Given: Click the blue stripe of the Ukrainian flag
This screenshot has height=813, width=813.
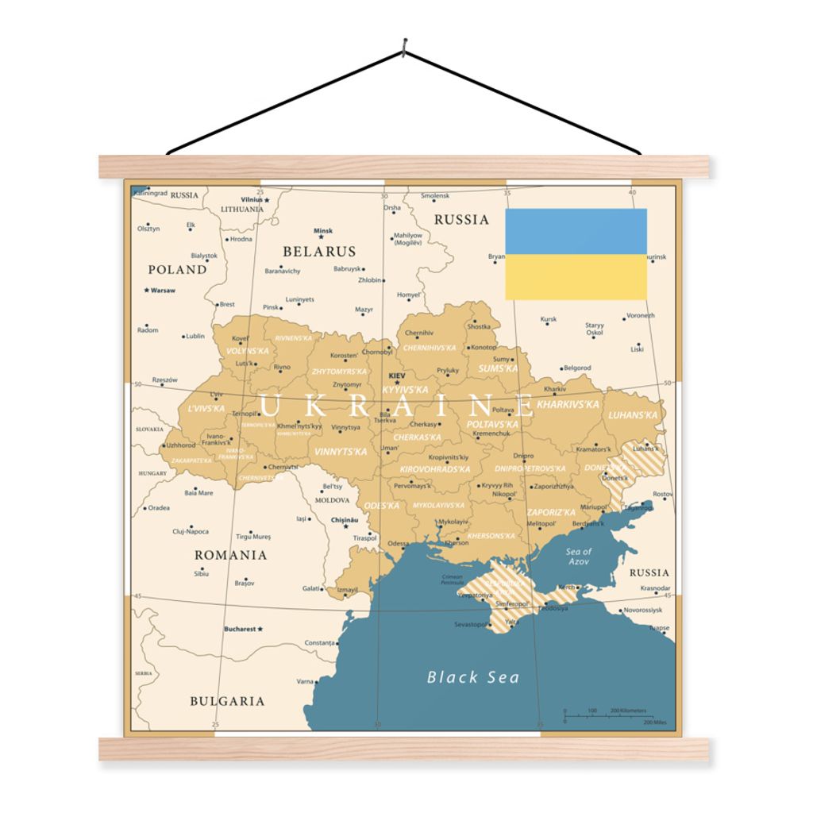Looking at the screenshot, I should tap(576, 231).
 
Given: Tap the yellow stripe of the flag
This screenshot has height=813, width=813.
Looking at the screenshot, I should tap(576, 277).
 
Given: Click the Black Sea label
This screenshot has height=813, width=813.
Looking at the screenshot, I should tap(473, 677).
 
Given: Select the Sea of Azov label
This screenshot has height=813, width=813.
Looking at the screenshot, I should tap(578, 556).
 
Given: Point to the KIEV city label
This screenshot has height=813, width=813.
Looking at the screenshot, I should tap(397, 376).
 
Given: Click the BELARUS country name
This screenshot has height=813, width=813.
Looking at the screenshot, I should tap(319, 252).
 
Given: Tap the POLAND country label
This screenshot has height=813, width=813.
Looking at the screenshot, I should tap(177, 270).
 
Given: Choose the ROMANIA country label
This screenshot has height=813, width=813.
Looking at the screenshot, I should tap(231, 555).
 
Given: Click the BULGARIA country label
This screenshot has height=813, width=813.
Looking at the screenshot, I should tap(227, 701).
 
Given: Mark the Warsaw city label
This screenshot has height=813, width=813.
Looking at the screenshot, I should tap(163, 291).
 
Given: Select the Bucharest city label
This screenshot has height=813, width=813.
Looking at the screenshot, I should tap(240, 629).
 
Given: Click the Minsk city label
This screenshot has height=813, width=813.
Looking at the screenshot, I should tap(322, 231).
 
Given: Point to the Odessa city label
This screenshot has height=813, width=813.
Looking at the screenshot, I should tap(399, 544).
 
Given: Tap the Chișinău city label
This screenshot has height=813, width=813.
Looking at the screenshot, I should tap(344, 520).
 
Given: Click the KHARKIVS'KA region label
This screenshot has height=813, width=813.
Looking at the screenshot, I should tap(568, 404).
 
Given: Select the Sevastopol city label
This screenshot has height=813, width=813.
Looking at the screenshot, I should tap(470, 625).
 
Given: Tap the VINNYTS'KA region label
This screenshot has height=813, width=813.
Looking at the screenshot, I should tap(341, 452).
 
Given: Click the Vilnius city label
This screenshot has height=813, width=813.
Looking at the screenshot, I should tap(252, 199).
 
